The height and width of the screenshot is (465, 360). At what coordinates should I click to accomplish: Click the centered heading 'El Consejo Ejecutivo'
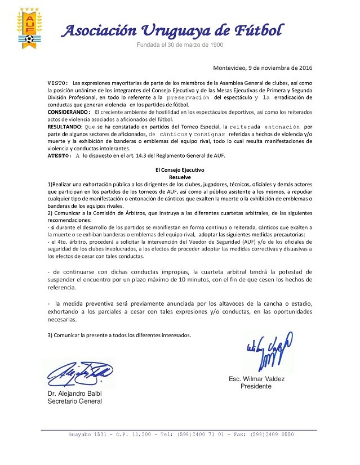[180, 169]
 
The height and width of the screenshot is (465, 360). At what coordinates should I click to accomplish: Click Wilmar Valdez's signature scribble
[268, 350]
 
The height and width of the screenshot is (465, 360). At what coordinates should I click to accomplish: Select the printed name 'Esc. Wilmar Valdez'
[255, 379]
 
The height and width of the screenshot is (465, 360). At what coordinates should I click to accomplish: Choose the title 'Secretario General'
[75, 401]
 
